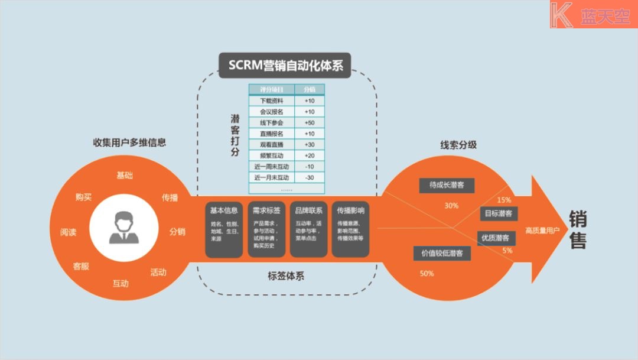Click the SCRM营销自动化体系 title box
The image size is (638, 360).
[x=285, y=65]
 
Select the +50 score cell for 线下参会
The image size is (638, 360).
[x=309, y=122]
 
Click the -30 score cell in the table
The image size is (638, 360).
[x=309, y=177]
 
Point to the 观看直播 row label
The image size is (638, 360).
[x=272, y=144]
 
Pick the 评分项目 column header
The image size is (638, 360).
[x=272, y=89]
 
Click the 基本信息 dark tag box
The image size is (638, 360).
[x=224, y=231]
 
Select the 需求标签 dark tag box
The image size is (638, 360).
[x=266, y=231]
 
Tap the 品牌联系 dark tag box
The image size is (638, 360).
[x=308, y=231]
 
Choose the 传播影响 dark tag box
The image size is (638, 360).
[x=350, y=231]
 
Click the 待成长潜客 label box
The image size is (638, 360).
[x=447, y=184]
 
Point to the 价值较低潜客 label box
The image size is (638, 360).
[x=442, y=253]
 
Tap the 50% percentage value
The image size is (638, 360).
[x=427, y=274]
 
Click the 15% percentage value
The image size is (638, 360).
[x=504, y=200]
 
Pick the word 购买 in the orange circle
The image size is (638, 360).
[x=84, y=197]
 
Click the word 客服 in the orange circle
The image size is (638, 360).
[x=81, y=266]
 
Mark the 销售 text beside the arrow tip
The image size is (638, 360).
[x=578, y=230]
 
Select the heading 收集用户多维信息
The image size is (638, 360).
[x=129, y=142]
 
